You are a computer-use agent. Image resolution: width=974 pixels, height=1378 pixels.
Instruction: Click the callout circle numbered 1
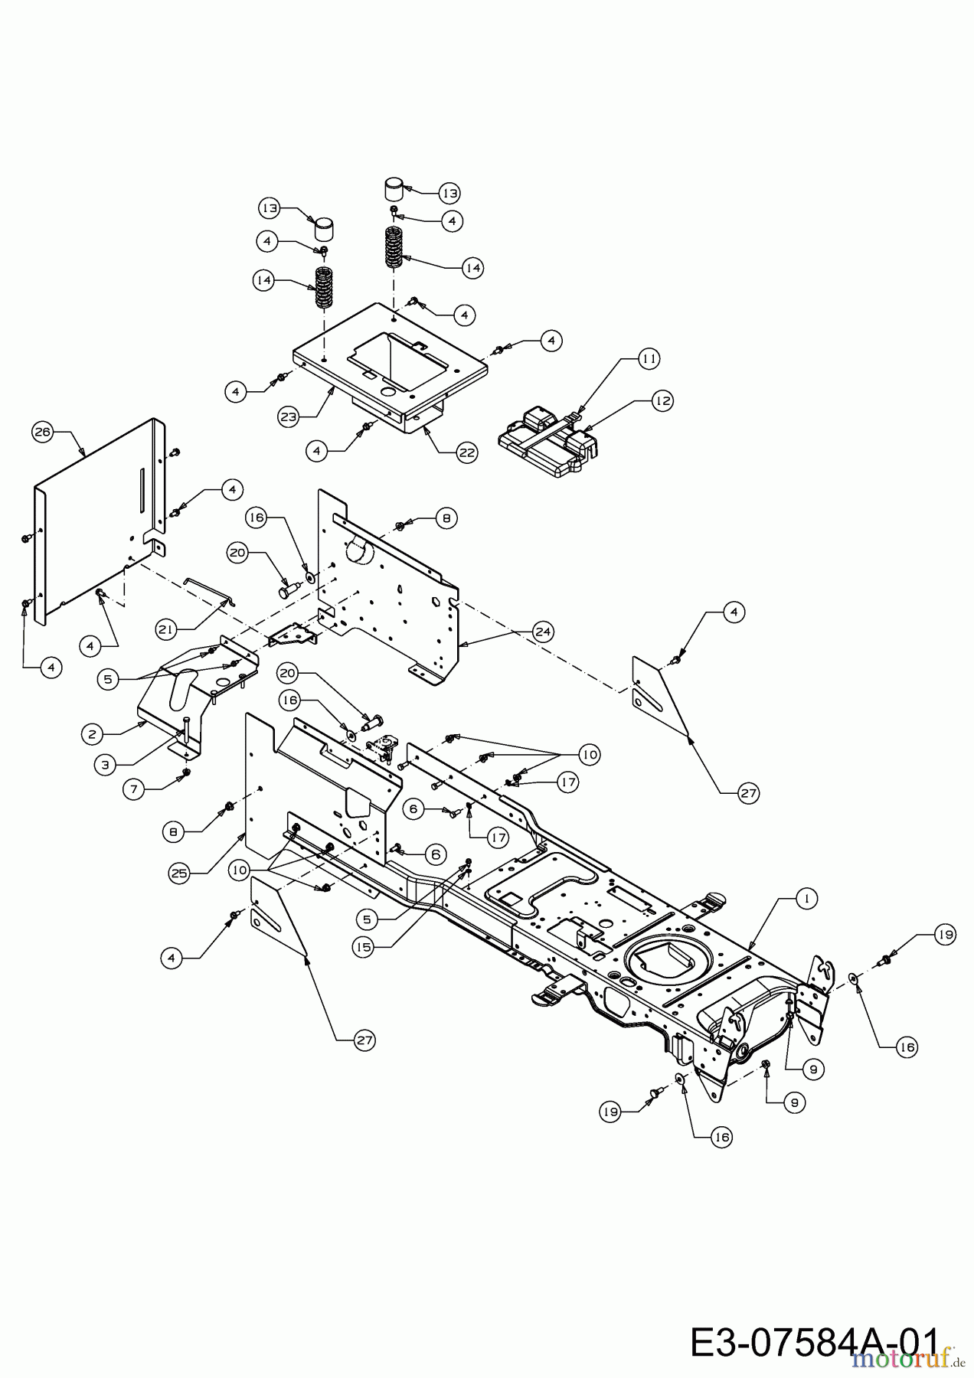(x=806, y=899)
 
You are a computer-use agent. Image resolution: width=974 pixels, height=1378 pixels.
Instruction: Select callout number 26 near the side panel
(x=42, y=433)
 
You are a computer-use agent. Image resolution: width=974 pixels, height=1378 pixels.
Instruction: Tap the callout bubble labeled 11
(x=649, y=358)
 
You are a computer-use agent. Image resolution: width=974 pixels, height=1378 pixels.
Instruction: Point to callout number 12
(x=662, y=400)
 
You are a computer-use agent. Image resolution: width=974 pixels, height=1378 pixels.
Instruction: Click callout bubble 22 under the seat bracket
(x=467, y=452)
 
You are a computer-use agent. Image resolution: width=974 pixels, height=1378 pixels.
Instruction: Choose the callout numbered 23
(x=289, y=417)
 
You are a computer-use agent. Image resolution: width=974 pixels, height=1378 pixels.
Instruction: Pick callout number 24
(x=544, y=632)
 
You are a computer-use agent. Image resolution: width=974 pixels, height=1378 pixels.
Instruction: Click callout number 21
(x=166, y=629)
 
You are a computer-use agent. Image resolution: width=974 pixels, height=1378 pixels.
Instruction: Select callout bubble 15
(x=364, y=947)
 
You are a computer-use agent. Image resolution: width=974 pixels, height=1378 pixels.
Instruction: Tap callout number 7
(x=135, y=790)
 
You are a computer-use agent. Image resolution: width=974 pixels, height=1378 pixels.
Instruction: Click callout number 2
(x=92, y=734)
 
